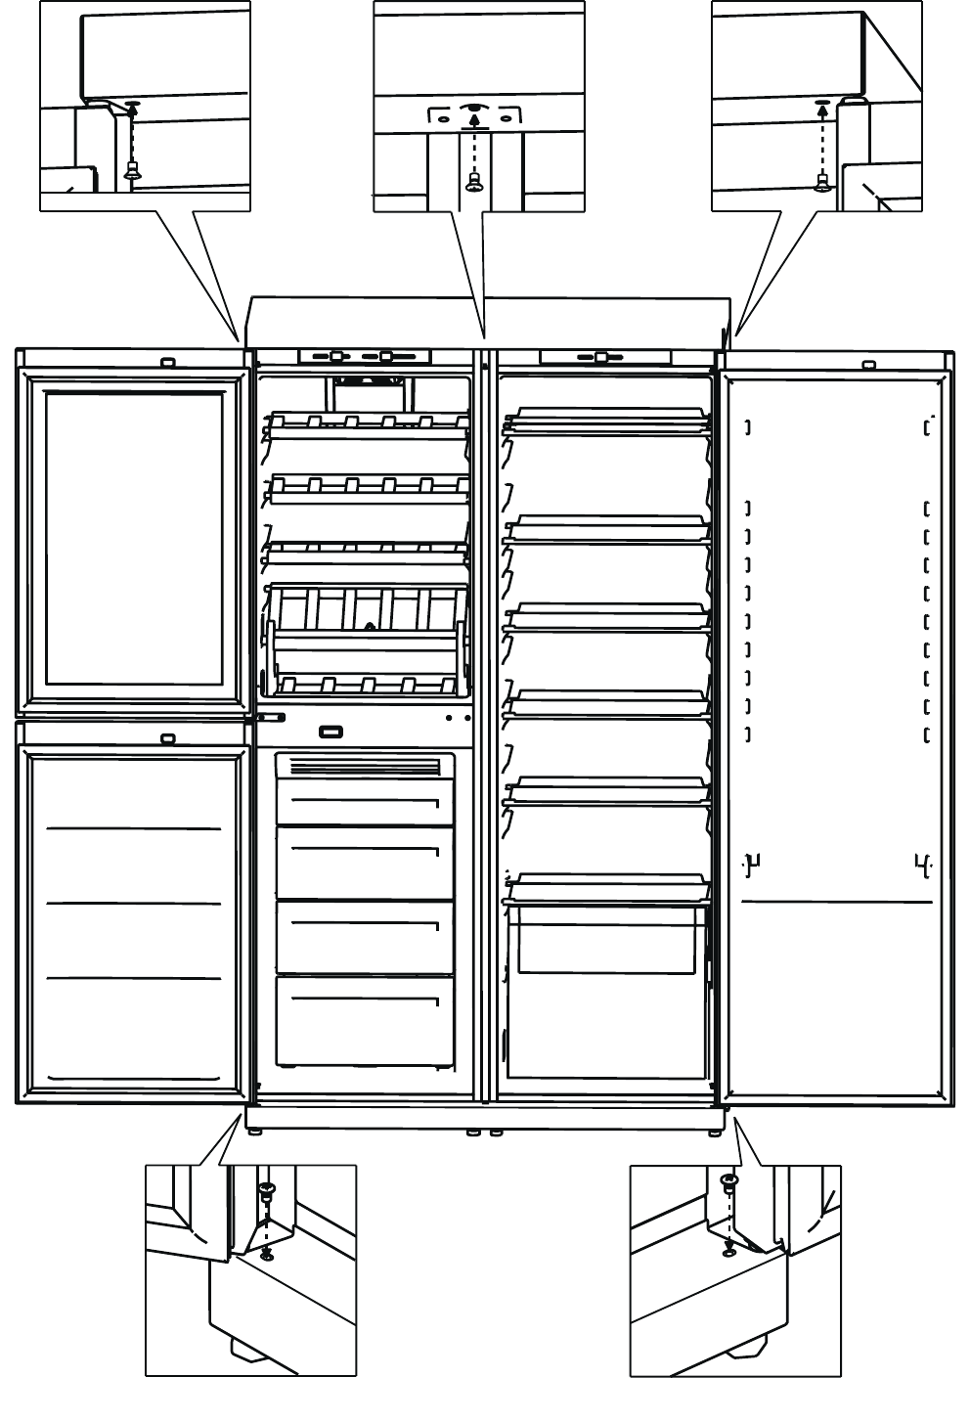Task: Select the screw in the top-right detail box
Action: pos(821,179)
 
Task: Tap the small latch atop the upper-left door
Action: pos(167,362)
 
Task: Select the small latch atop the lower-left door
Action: pos(167,739)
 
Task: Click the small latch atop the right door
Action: pos(868,366)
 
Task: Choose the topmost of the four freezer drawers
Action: pos(365,802)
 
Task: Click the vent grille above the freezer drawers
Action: pos(365,766)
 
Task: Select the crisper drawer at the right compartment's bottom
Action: pos(606,939)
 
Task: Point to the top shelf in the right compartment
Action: pos(606,422)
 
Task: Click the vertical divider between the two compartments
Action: pos(484,724)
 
